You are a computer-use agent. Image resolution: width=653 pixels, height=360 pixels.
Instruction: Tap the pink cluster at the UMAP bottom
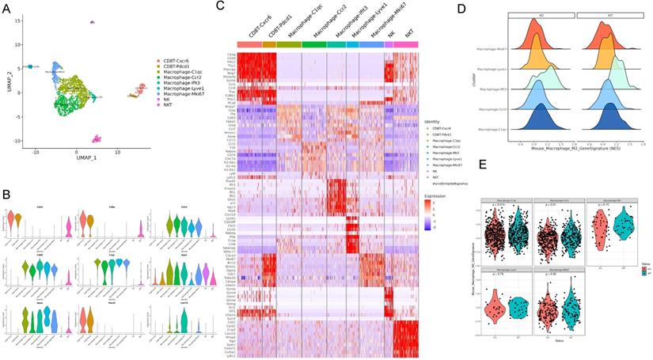pos(96,138)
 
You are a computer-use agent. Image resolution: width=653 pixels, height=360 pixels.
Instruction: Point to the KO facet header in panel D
pos(541,16)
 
